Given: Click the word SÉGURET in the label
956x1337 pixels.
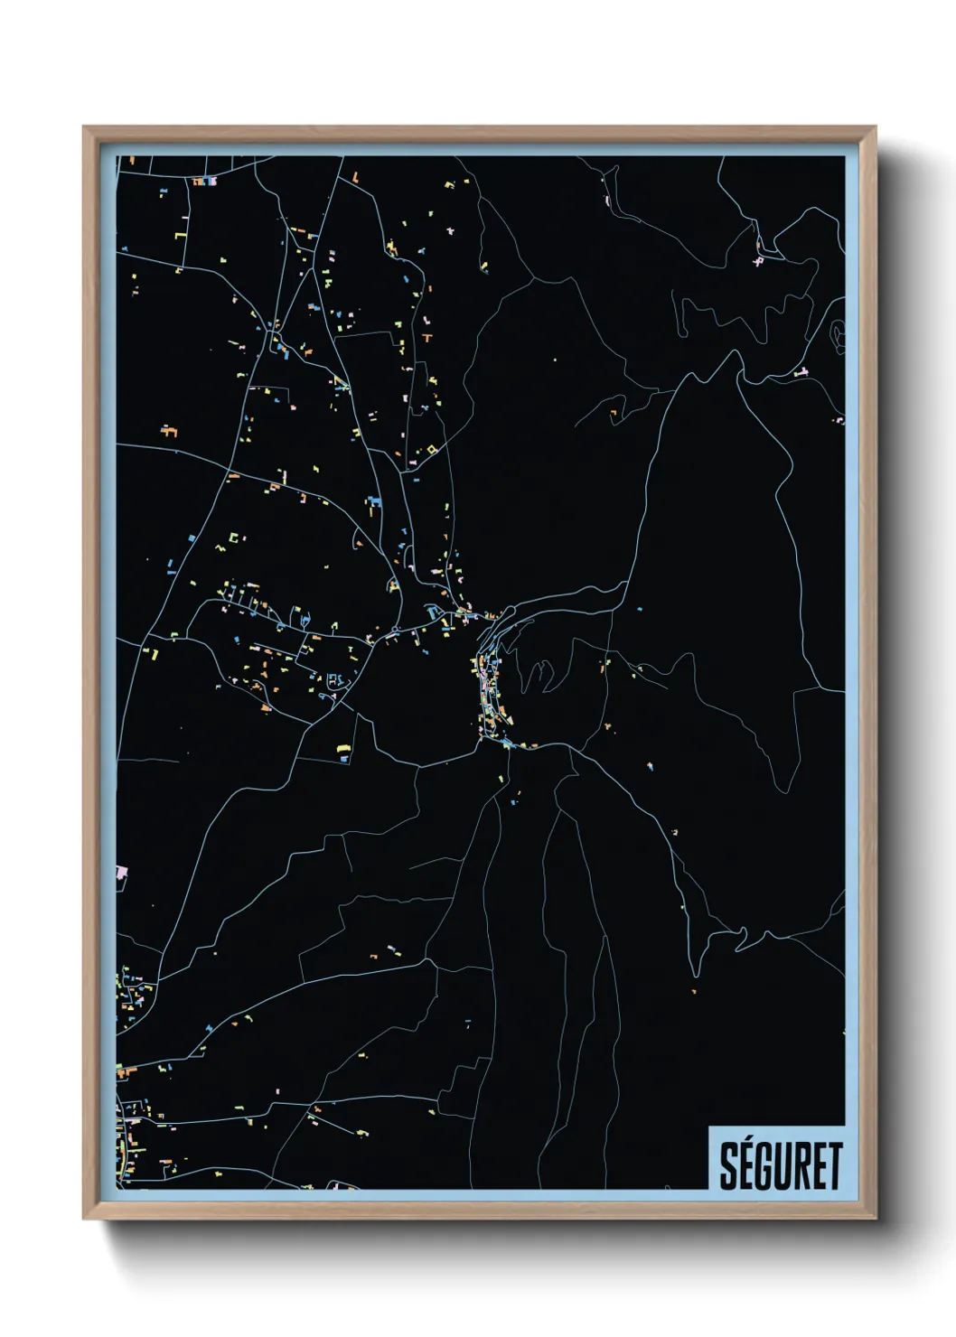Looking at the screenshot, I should tap(781, 1166).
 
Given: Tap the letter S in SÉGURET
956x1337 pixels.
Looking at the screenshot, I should tap(728, 1167).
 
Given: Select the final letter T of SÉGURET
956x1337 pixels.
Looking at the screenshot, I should tap(834, 1167).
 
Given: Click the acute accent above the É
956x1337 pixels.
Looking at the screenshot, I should tap(748, 1144).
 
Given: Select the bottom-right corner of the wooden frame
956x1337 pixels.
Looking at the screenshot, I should tap(875, 1218).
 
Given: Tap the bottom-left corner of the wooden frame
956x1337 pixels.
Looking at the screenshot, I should tap(85, 1218).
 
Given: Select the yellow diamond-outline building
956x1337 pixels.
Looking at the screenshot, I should tap(432, 449).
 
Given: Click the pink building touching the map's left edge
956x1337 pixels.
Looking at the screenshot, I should tap(121, 873).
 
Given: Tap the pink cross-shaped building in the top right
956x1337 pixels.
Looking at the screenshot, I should tap(759, 261).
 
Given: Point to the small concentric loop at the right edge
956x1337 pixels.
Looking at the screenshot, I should tap(838, 334).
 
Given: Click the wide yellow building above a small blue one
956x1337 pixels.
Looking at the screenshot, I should tap(343, 749).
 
